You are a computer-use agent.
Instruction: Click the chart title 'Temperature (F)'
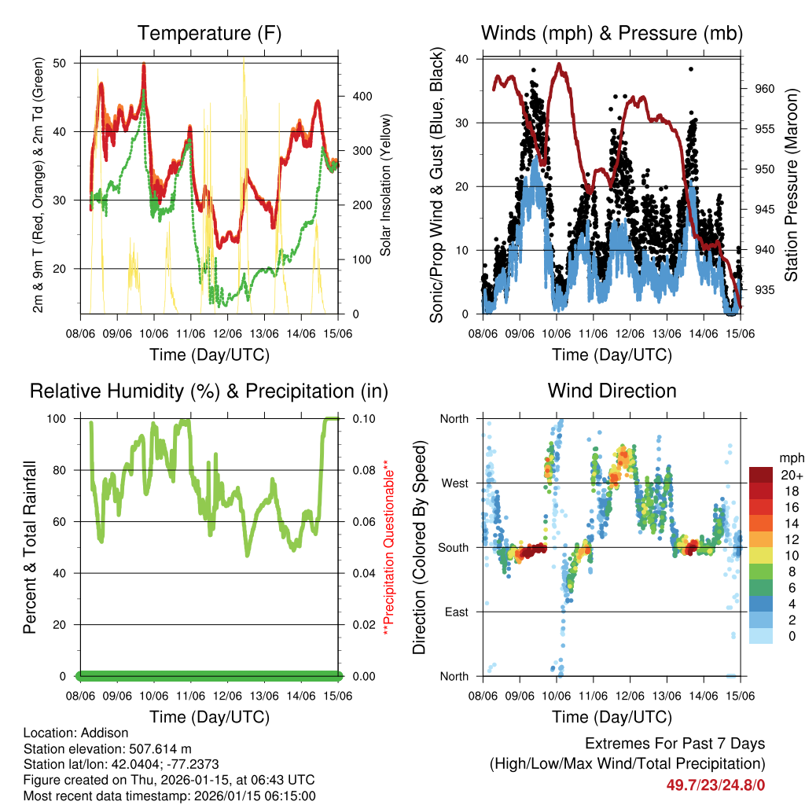tap(209, 34)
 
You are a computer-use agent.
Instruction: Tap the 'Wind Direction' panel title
tap(612, 391)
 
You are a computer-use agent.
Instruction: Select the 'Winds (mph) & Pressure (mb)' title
tap(612, 34)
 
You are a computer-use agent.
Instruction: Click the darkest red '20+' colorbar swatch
tap(761, 474)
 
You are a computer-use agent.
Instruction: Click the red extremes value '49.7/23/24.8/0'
tap(716, 785)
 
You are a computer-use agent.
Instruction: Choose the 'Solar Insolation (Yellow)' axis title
tap(386, 186)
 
